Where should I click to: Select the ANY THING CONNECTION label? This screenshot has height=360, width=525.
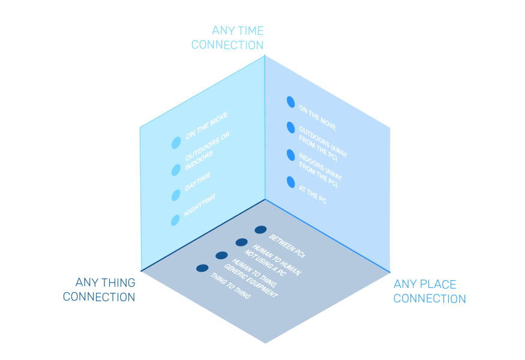[x=99, y=289]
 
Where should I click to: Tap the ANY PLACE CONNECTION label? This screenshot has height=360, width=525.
[x=430, y=291]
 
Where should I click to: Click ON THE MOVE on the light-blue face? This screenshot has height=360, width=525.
[x=206, y=127]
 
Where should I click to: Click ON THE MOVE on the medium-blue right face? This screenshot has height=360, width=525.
[x=317, y=118]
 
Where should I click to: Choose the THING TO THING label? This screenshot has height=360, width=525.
[x=230, y=287]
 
